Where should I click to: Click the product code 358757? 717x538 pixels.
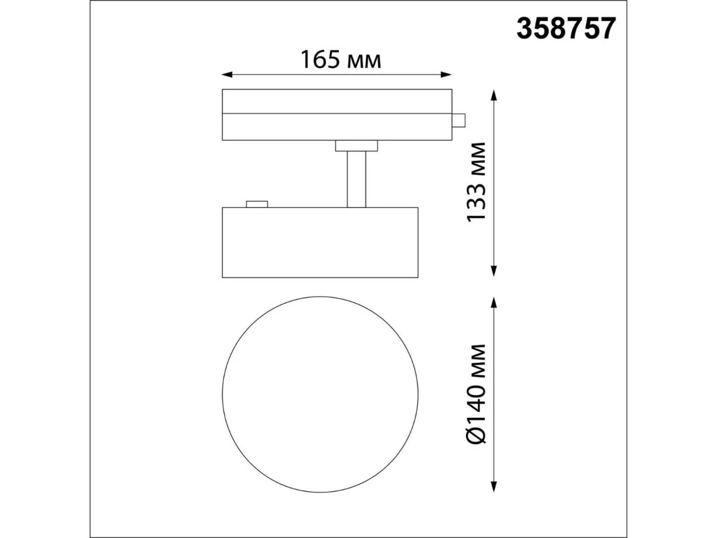566,29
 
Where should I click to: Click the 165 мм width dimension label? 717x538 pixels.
341,60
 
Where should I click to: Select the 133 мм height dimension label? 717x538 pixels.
476,182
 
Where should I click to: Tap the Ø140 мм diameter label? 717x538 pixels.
476,393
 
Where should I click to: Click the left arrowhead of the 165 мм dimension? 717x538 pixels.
227,75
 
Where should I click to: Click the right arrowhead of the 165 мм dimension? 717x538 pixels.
446,75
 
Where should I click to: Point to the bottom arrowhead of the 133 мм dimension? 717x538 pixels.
494,271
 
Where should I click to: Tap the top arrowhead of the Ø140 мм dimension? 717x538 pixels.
494,302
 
